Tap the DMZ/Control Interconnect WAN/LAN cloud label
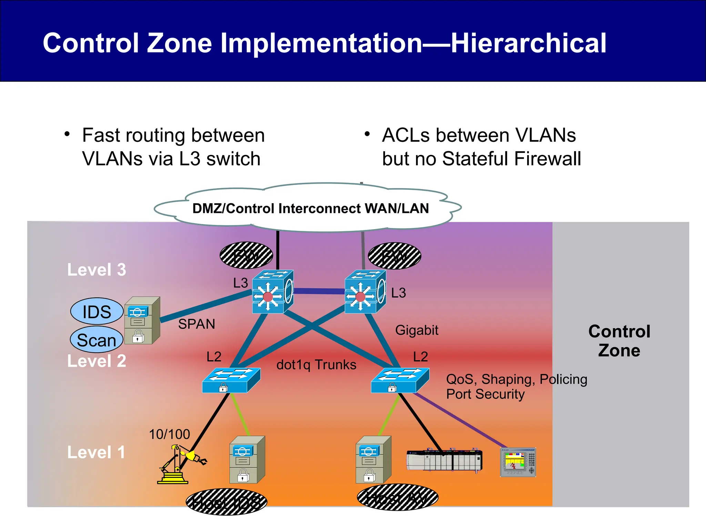[x=310, y=208]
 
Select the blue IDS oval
[x=97, y=312]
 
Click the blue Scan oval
[x=97, y=340]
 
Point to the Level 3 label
[x=97, y=269]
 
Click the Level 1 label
[x=96, y=452]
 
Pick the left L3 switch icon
[x=272, y=292]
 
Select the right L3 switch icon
[x=365, y=292]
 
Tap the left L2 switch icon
[x=231, y=380]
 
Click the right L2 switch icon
[x=400, y=380]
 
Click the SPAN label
[x=196, y=324]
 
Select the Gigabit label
[x=416, y=330]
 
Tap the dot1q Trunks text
[x=316, y=365]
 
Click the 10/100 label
[x=169, y=434]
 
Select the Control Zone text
[x=619, y=341]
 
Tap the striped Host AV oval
[x=397, y=497]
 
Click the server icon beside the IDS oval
[x=142, y=321]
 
